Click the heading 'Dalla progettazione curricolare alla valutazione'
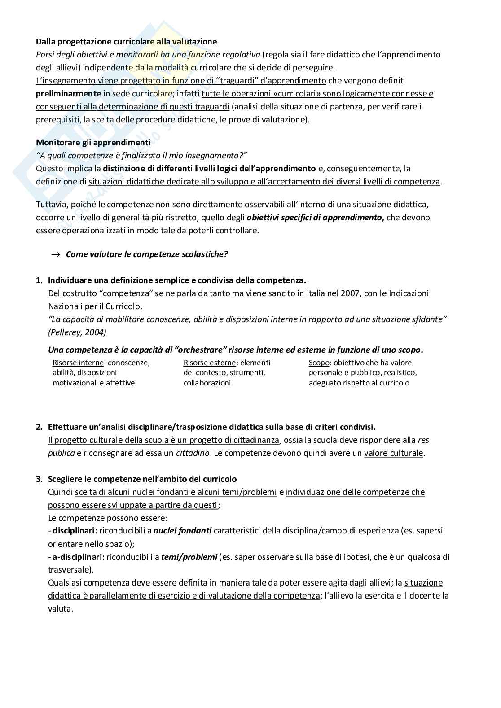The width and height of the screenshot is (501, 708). point(126,42)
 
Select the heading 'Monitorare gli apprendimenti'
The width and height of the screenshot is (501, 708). point(93,142)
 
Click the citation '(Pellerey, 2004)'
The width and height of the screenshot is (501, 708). point(77,332)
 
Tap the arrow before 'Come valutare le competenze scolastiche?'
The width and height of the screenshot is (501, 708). point(56,254)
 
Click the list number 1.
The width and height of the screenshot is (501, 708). point(39,280)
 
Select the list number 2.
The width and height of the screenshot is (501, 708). point(39,427)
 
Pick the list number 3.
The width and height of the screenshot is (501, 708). point(39,479)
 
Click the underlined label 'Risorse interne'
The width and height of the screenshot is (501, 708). point(78,363)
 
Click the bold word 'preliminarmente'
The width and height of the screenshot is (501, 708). point(68,94)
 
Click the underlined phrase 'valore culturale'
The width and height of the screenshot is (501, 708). point(394,453)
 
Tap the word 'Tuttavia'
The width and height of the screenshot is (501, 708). point(51,205)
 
